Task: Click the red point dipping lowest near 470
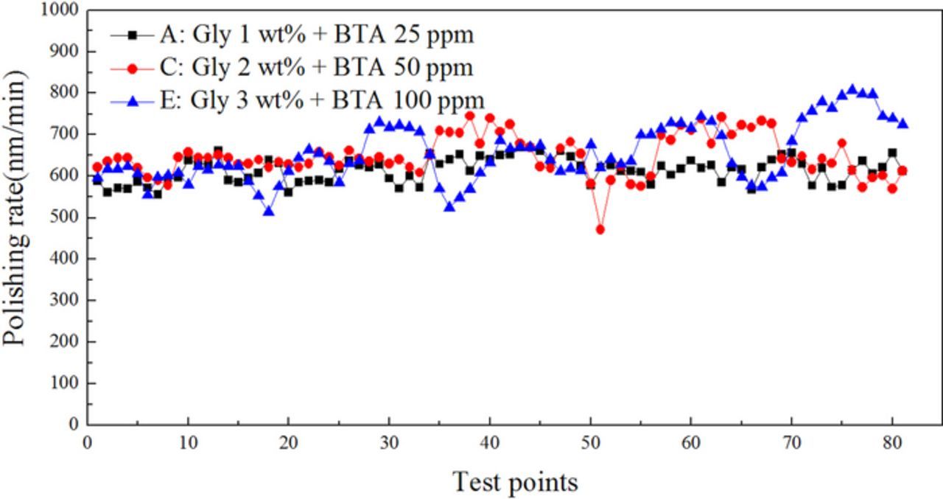tap(600, 229)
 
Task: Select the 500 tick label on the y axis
tap(65, 217)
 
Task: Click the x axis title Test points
tap(515, 482)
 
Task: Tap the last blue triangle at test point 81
tap(902, 124)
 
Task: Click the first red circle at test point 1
tap(97, 167)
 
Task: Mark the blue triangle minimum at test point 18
tap(269, 211)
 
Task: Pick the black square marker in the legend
tap(133, 35)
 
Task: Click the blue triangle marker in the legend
tap(133, 100)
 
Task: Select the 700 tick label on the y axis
tap(65, 135)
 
